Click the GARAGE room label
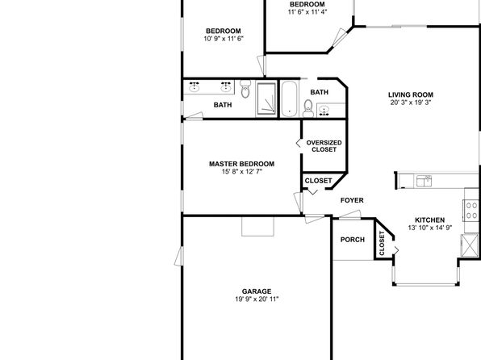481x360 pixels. coord(257,291)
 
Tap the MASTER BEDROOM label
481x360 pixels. coord(242,164)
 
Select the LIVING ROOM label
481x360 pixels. coord(411,94)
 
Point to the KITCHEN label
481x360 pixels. coord(430,220)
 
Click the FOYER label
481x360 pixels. coord(352,200)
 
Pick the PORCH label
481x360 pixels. coord(353,240)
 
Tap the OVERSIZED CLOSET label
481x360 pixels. coord(324,146)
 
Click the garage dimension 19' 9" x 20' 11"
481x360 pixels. coord(257,299)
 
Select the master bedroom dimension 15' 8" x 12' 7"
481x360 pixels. coord(242,172)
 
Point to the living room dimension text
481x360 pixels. coord(411,103)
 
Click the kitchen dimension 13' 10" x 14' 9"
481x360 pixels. coord(430,228)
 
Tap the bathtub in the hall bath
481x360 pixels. coord(289,98)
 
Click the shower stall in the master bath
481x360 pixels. coord(266,98)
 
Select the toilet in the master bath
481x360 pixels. coord(245,89)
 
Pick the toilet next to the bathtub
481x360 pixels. coord(308,108)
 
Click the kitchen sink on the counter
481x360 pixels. coord(425,181)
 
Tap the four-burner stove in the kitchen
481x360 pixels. coord(471,210)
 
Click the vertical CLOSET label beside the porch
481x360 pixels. coord(382,244)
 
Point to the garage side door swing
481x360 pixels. coord(179,256)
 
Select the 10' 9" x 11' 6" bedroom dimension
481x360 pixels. coord(224,39)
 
